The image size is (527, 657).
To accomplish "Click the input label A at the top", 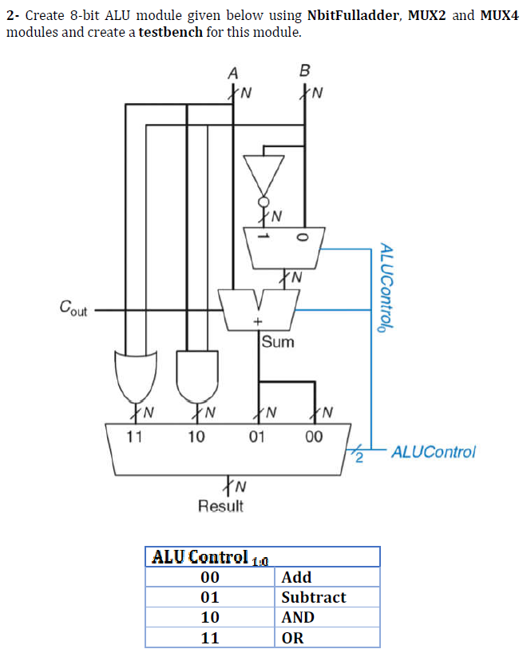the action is coord(233,74).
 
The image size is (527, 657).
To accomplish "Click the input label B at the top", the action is coord(305,70).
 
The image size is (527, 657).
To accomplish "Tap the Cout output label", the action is coord(73,308).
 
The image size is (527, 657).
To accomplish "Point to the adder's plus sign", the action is coord(258,322).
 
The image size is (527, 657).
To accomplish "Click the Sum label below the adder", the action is coord(278,342).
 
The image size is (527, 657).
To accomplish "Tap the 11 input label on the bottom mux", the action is coord(134,437).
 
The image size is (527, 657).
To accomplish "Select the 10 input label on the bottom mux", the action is coord(196,437).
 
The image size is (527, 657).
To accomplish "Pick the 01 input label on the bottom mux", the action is coord(256,437).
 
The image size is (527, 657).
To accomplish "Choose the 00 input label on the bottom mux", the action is coord(314,437).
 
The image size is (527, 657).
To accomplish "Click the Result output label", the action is coord(220,506).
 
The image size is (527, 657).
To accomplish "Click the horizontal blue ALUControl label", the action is coord(434,452).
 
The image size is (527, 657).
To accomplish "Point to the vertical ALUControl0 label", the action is coord(386,288).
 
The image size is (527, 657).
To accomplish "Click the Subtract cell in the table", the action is coord(314,597).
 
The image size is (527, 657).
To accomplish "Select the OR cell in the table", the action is coord(292,638).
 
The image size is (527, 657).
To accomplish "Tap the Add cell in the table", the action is coord(296,577).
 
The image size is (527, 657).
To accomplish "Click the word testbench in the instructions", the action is coord(171,32).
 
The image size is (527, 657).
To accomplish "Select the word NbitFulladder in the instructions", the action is coord(353,15).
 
